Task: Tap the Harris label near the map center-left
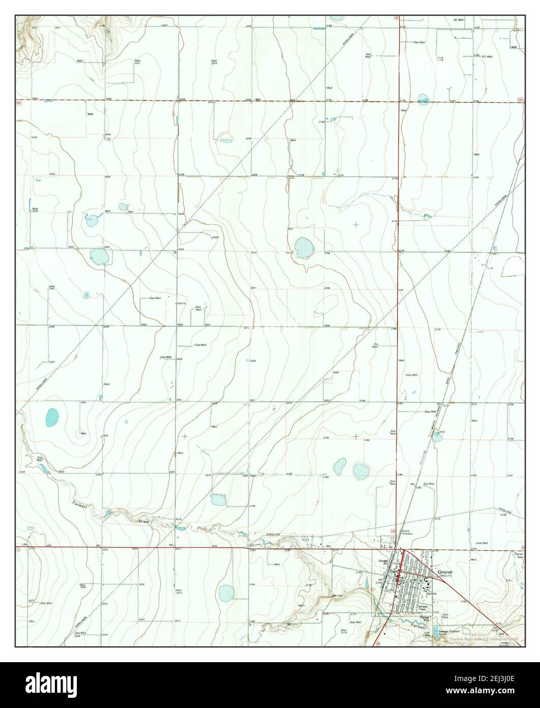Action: pyautogui.click(x=182, y=304)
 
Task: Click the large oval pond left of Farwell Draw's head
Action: pyautogui.click(x=52, y=418)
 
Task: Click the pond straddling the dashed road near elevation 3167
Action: pyautogui.click(x=423, y=99)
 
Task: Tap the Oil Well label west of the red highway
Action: pyautogui.click(x=377, y=345)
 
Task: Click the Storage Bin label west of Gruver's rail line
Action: pyautogui.click(x=383, y=562)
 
